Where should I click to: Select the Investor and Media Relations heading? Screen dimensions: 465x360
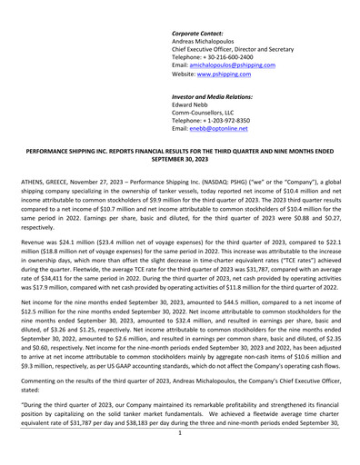point(212,96)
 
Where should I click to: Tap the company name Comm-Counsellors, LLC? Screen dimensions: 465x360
point(210,118)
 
